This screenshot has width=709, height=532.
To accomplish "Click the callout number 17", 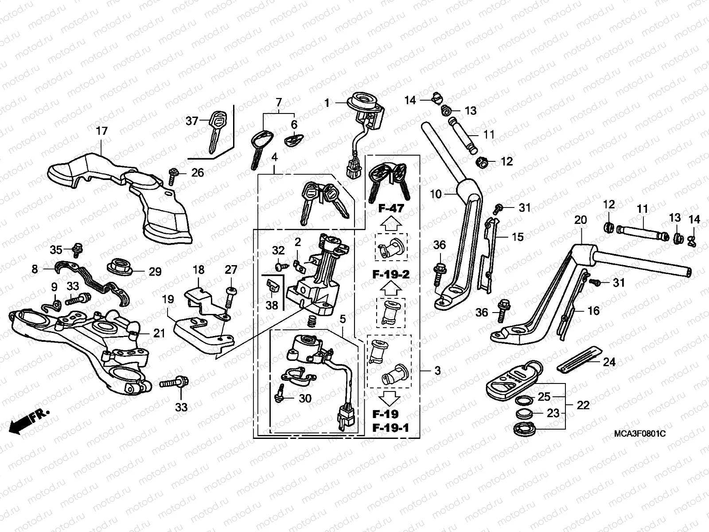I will (x=101, y=131).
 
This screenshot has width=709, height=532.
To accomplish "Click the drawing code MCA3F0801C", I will (x=639, y=433).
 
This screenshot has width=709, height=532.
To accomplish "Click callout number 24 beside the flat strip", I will (x=609, y=362).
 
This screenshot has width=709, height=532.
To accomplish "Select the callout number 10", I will (x=436, y=194).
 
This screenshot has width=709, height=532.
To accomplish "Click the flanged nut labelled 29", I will (x=121, y=267).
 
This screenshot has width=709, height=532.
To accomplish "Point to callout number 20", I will (x=580, y=220).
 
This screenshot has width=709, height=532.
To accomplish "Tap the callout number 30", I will (x=305, y=399).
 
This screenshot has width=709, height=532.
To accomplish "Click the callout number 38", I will (x=272, y=305).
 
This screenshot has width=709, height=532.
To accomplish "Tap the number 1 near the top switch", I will (x=327, y=103).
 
